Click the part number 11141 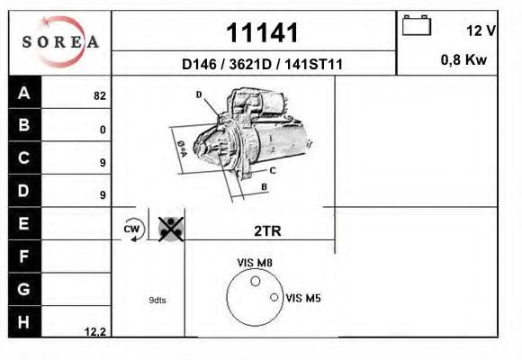(x=261, y=33)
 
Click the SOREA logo (x=59, y=42)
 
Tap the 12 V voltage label (x=481, y=31)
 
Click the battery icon (x=417, y=25)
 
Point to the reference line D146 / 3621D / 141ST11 (x=262, y=65)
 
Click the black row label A (x=24, y=93)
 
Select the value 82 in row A (x=100, y=94)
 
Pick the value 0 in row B (x=103, y=130)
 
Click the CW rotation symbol (x=132, y=229)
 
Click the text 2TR (x=267, y=230)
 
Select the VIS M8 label (x=255, y=263)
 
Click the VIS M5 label (x=302, y=297)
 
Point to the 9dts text (x=157, y=300)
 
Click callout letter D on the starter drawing (x=199, y=94)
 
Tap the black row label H (x=24, y=321)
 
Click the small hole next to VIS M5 (x=274, y=297)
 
